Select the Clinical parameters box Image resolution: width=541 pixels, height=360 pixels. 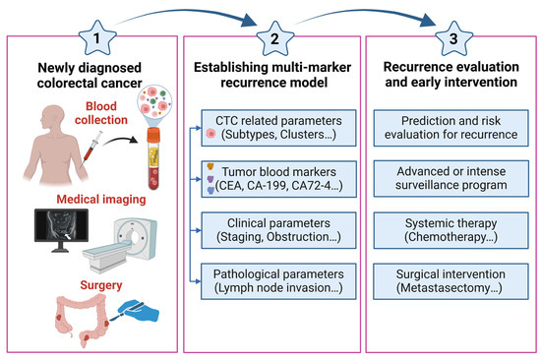270,228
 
